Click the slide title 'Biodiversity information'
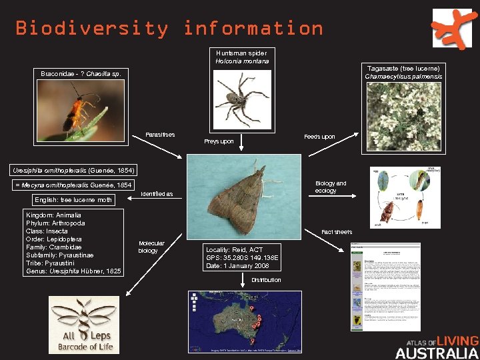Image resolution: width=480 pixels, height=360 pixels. click(169, 29)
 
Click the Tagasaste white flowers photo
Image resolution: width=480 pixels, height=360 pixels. click(402, 116)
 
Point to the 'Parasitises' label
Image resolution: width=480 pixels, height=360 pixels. click(159, 135)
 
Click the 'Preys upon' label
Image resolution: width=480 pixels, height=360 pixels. click(219, 141)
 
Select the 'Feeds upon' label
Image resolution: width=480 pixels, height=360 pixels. click(319, 137)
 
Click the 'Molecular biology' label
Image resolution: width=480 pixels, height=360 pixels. click(151, 247)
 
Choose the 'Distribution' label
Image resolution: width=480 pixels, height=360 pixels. click(266, 280)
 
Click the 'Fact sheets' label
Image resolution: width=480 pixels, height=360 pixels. click(337, 232)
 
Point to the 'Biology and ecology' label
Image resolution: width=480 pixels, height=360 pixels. click(331, 187)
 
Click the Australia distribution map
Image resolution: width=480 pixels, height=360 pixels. click(245, 321)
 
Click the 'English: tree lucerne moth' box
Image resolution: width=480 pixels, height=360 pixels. click(73, 199)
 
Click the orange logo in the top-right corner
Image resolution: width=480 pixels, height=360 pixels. click(454, 29)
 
